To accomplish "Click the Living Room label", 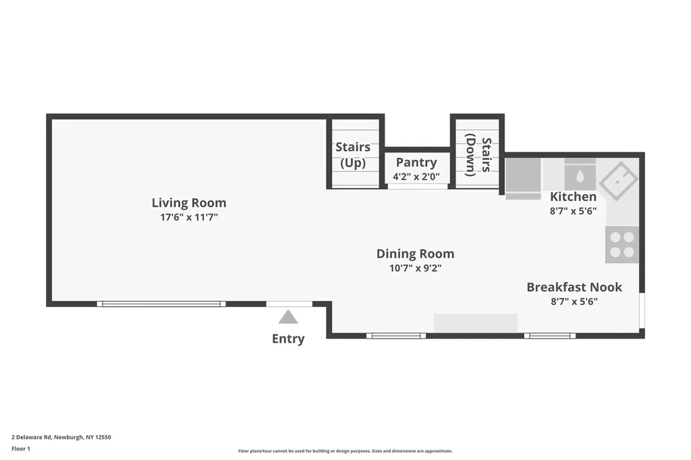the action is point(189,202).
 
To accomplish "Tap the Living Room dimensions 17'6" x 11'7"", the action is point(189,217).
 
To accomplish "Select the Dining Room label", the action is point(415,254).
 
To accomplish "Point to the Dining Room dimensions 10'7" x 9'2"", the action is point(415,268).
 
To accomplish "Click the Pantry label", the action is point(416,163).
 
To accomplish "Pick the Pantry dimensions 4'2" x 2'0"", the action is point(416,177).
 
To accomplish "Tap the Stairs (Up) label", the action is point(353,154).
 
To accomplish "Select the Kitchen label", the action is point(573,196).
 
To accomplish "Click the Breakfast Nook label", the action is point(574,287).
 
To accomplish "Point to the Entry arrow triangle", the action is point(288,317).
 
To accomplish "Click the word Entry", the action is point(288,339).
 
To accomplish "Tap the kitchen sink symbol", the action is point(619,181).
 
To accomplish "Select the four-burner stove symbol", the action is point(621,245).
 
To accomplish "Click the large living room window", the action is point(161,304).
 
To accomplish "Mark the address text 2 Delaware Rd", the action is point(32,438).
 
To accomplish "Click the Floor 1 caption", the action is point(21,449).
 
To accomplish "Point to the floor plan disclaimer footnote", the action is point(345,451).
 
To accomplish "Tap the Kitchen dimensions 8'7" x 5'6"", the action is point(573,211).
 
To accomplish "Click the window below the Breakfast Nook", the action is point(549,336).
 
